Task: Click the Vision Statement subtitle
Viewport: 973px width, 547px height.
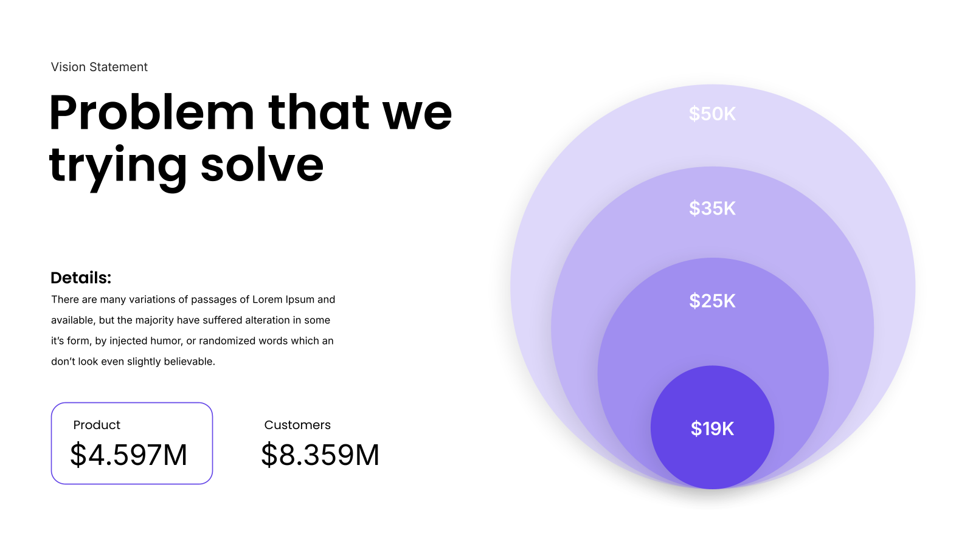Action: coord(99,67)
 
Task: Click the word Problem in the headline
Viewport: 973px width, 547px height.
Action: coord(151,112)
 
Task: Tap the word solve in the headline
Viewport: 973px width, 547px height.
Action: coord(262,165)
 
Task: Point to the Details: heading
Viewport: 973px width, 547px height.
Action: coord(81,278)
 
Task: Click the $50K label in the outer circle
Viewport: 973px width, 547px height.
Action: coord(712,114)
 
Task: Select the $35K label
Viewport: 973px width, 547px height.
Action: coord(712,208)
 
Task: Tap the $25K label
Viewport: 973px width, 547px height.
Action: coord(712,301)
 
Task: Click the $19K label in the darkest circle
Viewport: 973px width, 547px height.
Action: coord(712,428)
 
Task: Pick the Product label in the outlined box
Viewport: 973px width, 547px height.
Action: coord(97,425)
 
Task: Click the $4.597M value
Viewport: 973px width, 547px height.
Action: coord(128,455)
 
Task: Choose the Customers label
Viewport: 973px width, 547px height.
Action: coord(297,425)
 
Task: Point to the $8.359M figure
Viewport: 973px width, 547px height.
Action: coord(320,455)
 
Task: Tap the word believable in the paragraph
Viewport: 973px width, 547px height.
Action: coord(189,362)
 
